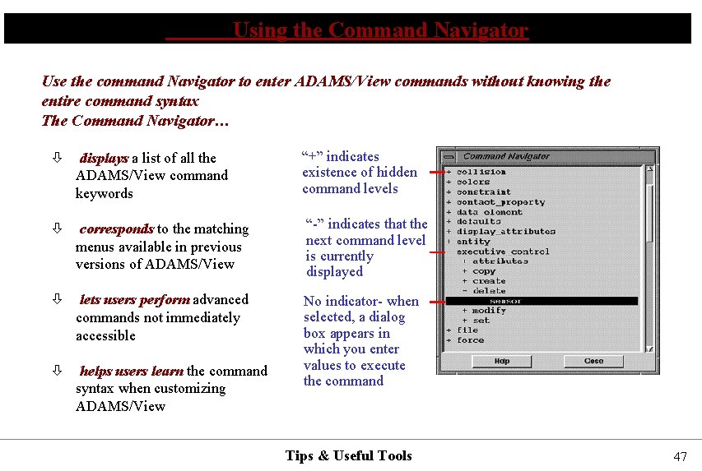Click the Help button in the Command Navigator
[x=502, y=361]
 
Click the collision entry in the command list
[x=481, y=172]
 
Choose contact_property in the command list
[x=500, y=202]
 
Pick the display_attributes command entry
[x=506, y=232]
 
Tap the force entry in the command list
[x=471, y=340]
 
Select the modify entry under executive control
[x=489, y=311]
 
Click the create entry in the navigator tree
[x=489, y=281]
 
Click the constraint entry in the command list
[x=484, y=192]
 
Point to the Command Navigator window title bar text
[x=506, y=156]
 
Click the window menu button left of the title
[x=449, y=156]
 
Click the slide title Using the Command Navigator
[x=380, y=31]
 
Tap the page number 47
[x=680, y=457]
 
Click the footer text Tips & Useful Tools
[x=348, y=455]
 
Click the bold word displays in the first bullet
[x=104, y=158]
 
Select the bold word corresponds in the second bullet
[x=116, y=229]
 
